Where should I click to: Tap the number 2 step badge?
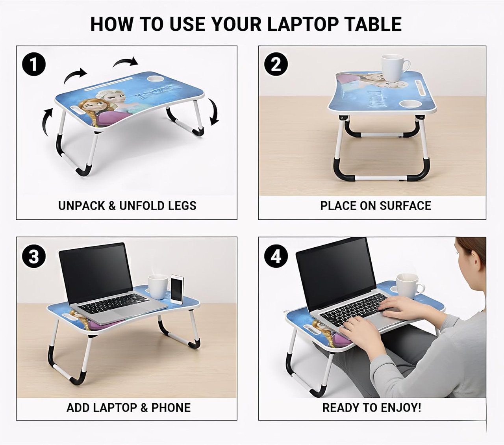pos(276,64)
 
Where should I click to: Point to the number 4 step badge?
pos(276,256)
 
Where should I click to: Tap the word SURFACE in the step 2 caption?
pos(406,206)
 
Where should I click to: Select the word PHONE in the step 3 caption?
pos(171,408)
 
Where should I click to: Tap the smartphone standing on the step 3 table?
pos(177,289)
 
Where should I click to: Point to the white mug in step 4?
pos(409,286)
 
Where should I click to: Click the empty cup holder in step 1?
pos(156,79)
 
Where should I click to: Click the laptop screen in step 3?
pos(96,273)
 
